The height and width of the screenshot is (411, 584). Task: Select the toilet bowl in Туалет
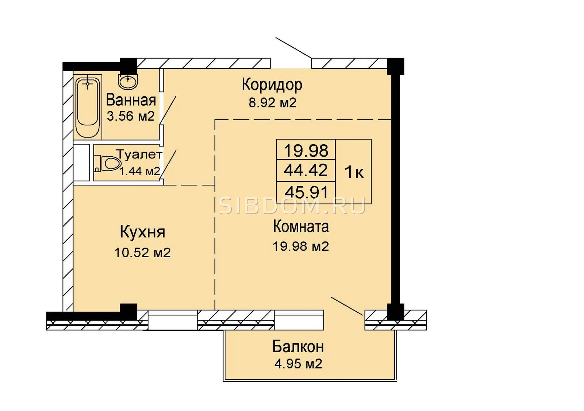[x=107, y=164]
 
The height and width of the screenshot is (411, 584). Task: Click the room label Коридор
[x=272, y=85]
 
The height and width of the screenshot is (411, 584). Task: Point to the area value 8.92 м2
[x=272, y=102]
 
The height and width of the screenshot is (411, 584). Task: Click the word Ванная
[x=131, y=100]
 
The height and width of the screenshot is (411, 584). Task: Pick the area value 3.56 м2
[x=131, y=116]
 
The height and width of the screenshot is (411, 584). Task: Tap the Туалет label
[x=139, y=154]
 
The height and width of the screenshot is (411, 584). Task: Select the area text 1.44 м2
[x=140, y=171]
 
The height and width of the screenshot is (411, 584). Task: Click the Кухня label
[x=142, y=232]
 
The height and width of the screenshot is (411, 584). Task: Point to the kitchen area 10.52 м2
[x=143, y=252]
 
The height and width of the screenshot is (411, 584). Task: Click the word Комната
[x=301, y=226]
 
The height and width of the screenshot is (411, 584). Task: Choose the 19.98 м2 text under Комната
[x=301, y=246]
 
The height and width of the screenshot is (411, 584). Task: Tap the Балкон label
[x=298, y=347]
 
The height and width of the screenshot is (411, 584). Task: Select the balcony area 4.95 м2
[x=298, y=364]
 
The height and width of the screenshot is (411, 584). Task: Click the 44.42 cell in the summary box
[x=306, y=170]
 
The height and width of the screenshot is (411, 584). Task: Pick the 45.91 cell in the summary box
[x=306, y=193]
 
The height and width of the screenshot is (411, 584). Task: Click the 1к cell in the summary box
[x=354, y=172]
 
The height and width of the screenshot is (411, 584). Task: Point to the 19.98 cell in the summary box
[x=306, y=150]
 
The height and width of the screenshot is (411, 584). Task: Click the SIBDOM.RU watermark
[x=292, y=206]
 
